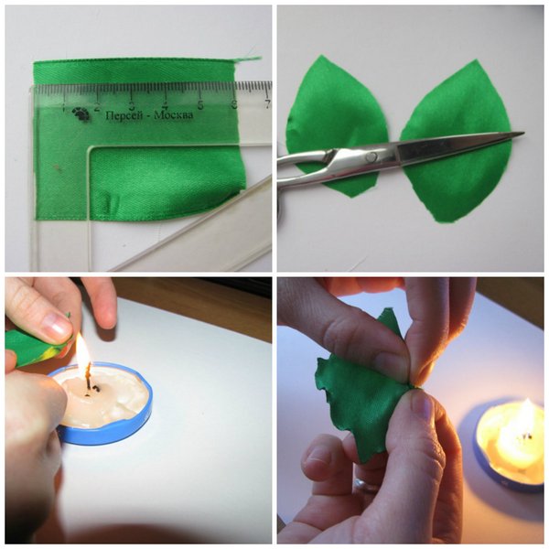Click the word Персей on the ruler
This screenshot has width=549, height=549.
pos(124,116)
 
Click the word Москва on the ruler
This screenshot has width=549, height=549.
pos(173,115)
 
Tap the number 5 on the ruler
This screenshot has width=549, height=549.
pos(200,104)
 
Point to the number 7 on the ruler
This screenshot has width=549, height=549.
pos(267,104)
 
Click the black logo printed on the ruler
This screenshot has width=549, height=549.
pos(81,114)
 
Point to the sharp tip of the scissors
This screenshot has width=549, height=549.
pos(523,133)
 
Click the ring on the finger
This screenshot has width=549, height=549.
pos(364,485)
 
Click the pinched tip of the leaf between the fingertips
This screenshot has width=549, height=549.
pos(414,386)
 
